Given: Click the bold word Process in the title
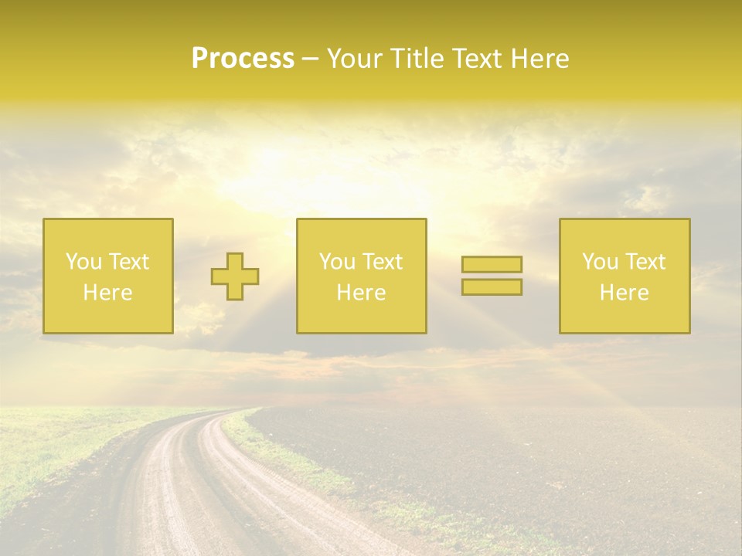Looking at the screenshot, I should [243, 59].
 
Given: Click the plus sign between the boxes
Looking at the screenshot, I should [235, 276].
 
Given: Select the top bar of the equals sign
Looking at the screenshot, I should [492, 264].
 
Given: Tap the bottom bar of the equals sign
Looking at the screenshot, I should [492, 286].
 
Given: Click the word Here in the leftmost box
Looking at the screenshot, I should [107, 292].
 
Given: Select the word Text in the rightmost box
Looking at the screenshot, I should [645, 262].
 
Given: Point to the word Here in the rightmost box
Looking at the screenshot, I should [624, 292].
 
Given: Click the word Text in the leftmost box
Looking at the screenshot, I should [128, 262].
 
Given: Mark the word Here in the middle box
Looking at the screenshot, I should [361, 292].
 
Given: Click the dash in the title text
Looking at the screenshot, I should [311, 59].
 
